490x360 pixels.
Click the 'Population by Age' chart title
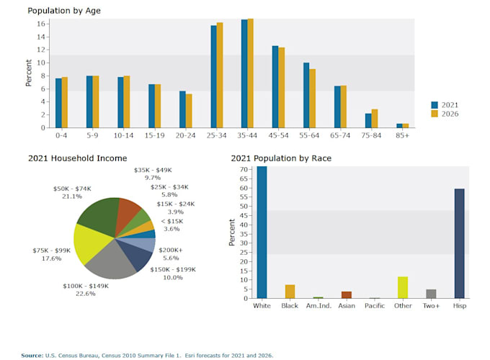pyautogui.click(x=64, y=11)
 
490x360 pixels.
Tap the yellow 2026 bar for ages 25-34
pyautogui.click(x=220, y=75)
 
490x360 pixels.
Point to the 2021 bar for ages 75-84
pyautogui.click(x=368, y=120)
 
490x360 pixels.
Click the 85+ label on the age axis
pyautogui.click(x=402, y=135)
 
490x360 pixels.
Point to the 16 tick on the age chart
pyautogui.click(x=43, y=24)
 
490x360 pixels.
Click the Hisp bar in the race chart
pyautogui.click(x=459, y=243)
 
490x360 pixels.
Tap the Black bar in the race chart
pyautogui.click(x=290, y=292)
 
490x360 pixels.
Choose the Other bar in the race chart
pyautogui.click(x=403, y=287)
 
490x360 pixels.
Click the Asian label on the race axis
pyautogui.click(x=346, y=306)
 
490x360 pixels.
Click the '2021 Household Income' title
pyautogui.click(x=77, y=158)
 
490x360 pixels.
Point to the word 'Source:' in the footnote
pyautogui.click(x=32, y=355)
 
